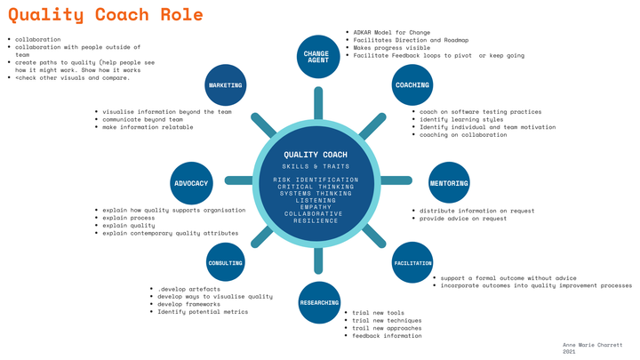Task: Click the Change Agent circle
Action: [x=316, y=55]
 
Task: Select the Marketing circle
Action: [x=225, y=85]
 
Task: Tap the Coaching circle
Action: [x=412, y=85]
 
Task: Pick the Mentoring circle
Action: [x=449, y=183]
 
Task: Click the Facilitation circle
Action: [x=412, y=263]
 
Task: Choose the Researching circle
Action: [x=318, y=302]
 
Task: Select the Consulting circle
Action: [x=225, y=263]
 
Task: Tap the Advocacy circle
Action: [x=190, y=183]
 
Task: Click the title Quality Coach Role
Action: [x=106, y=15]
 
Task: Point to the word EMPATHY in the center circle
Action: [x=316, y=207]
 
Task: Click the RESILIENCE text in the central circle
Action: [x=316, y=220]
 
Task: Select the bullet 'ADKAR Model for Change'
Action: [x=391, y=32]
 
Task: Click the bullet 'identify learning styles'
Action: [x=460, y=119]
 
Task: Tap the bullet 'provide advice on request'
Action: [x=462, y=218]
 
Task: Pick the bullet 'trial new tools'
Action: [x=378, y=313]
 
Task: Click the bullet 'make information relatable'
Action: [x=148, y=127]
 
